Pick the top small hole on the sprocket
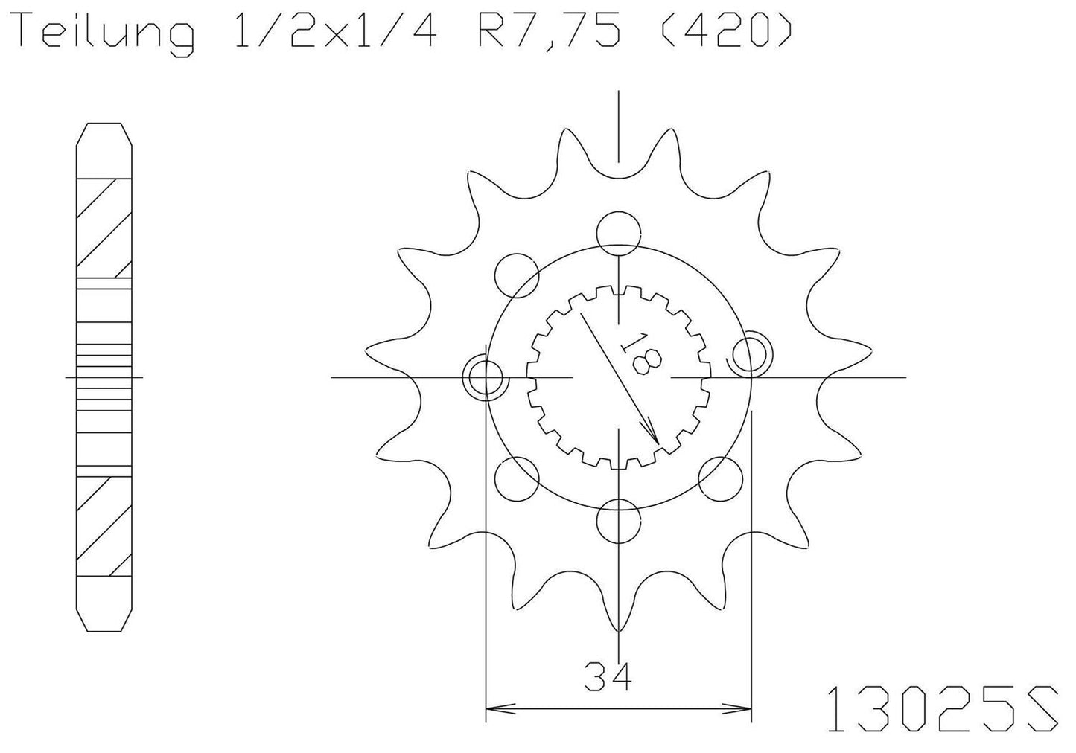pos(618,229)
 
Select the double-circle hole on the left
pos(486,377)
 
